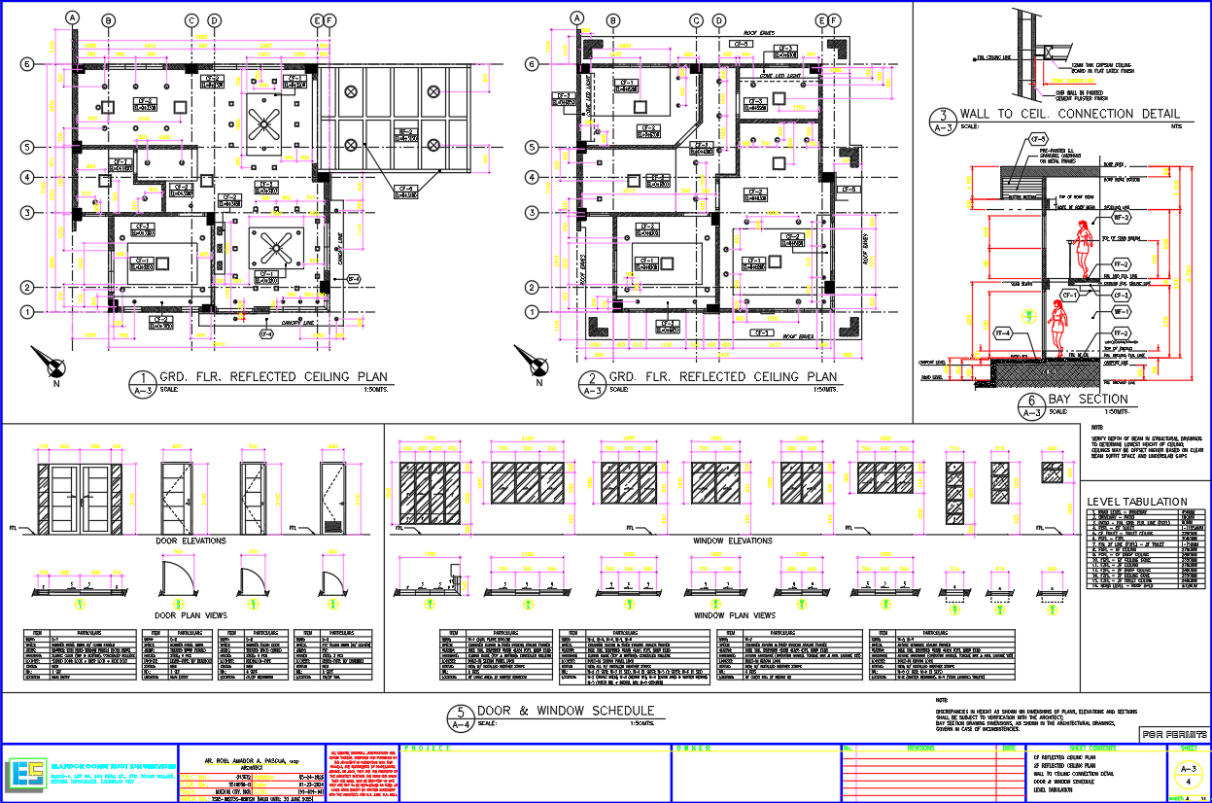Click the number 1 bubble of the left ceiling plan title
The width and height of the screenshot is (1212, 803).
[143, 380]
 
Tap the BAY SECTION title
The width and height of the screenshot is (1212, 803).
[1088, 400]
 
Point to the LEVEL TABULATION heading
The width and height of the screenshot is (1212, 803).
[1137, 501]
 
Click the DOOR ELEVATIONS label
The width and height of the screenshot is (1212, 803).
[191, 541]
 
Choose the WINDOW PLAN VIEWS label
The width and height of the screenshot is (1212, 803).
[734, 615]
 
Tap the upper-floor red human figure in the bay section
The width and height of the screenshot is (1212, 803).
[1080, 248]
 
